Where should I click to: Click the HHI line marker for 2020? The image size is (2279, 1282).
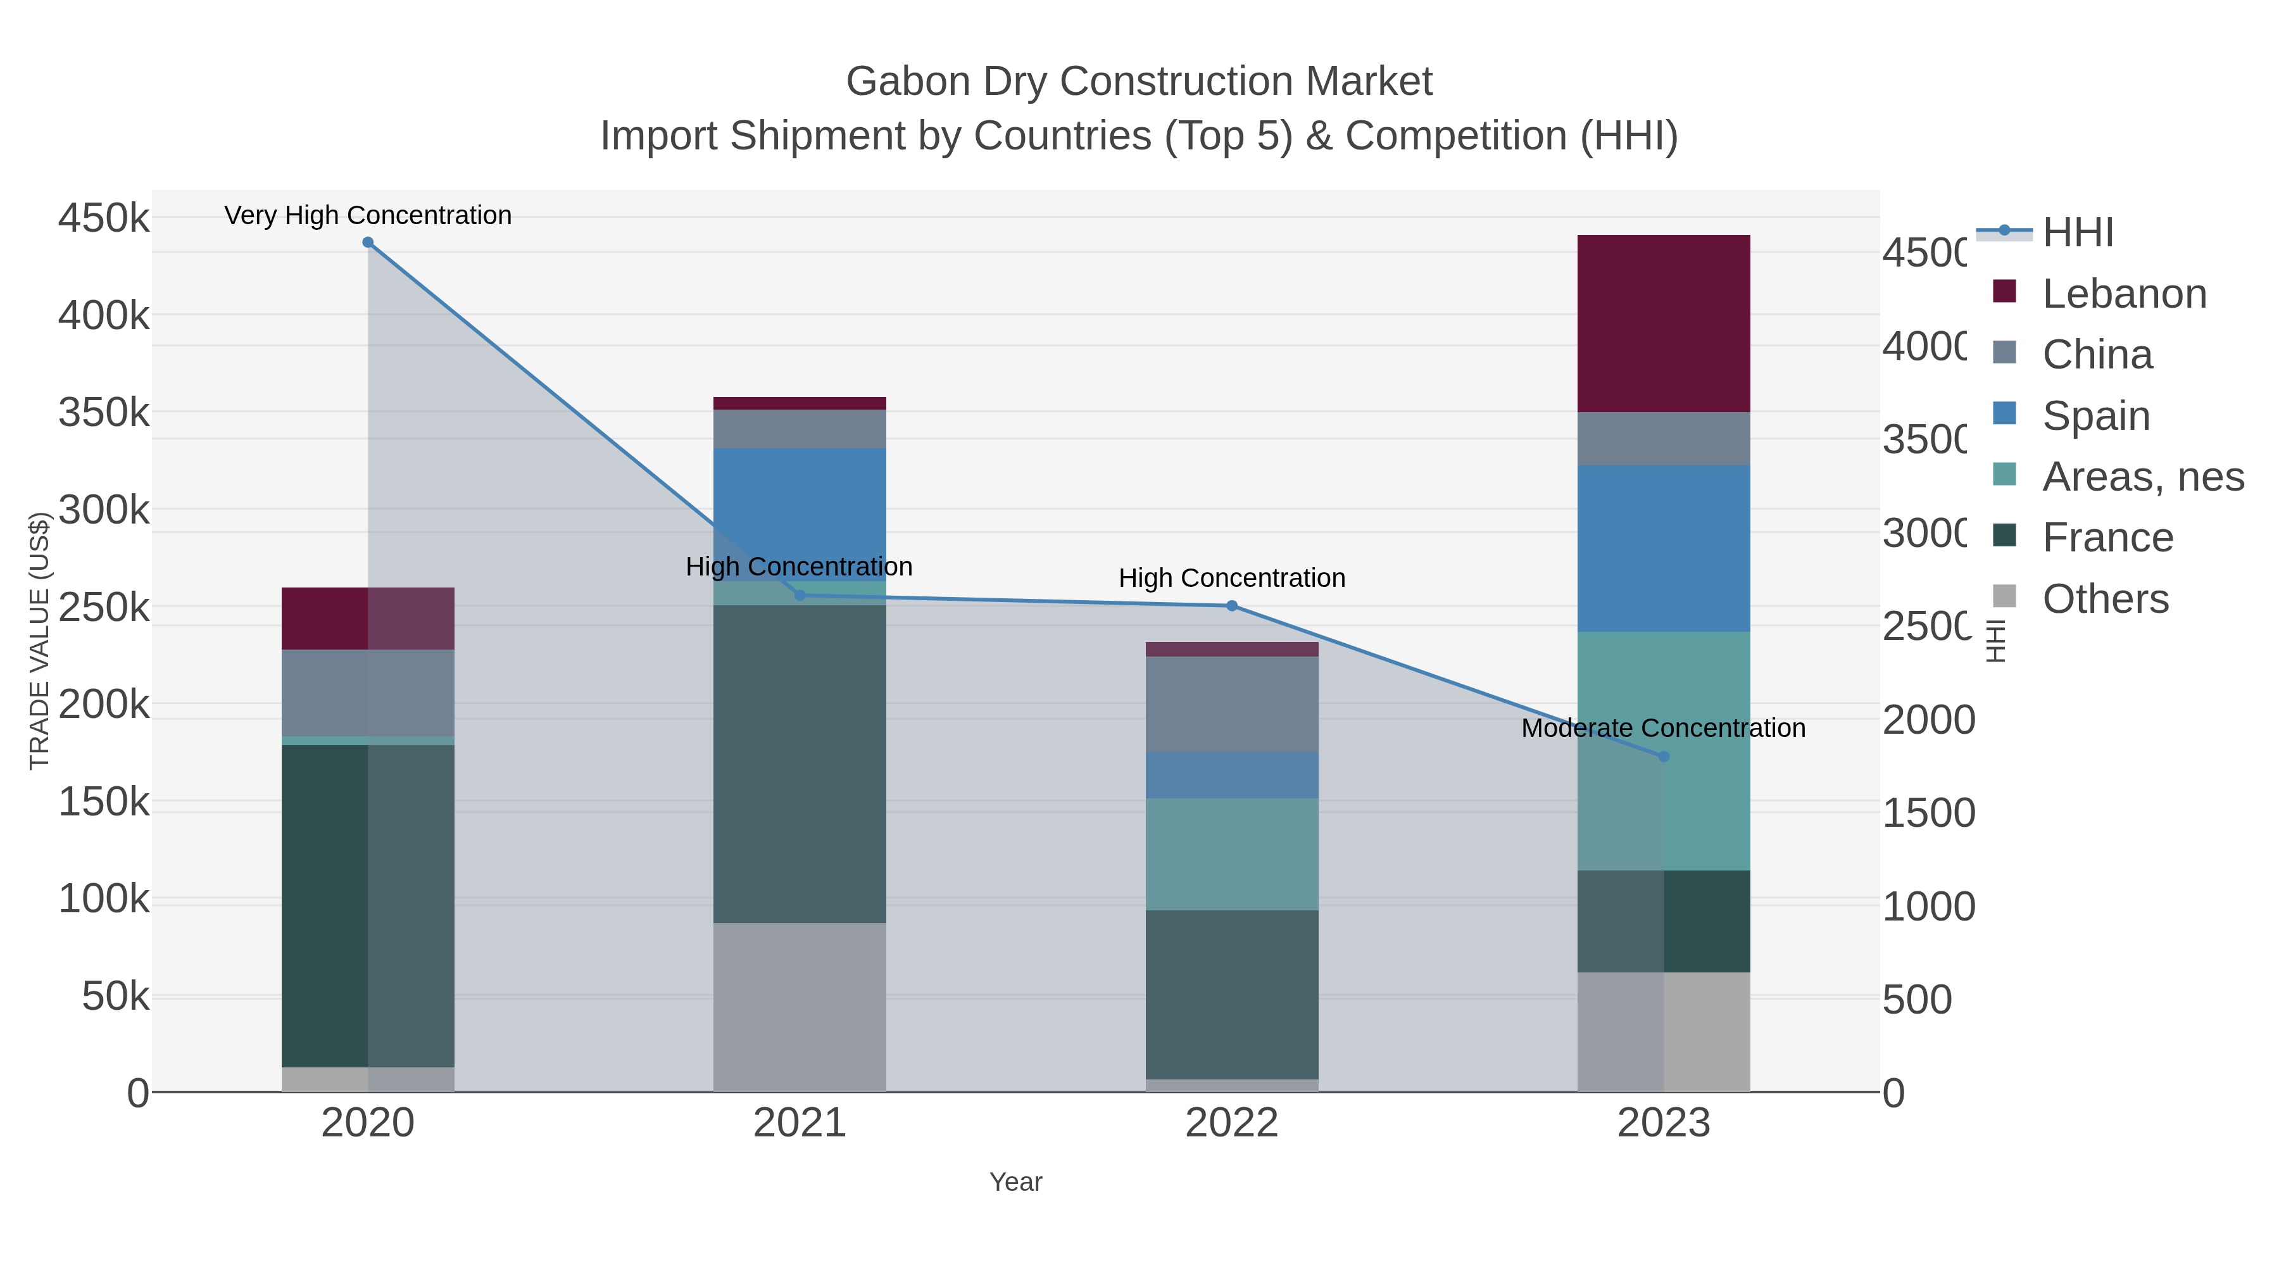pos(368,242)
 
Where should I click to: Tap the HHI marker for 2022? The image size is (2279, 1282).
pos(1231,606)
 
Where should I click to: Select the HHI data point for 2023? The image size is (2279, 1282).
pos(1663,757)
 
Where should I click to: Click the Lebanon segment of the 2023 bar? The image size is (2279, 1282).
pos(1663,323)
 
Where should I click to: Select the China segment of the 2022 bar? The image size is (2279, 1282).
pos(1231,704)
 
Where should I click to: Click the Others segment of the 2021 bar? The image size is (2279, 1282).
pos(799,1007)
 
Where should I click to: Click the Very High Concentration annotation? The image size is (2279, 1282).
pos(368,215)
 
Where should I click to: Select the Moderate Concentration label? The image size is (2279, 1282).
pos(1663,728)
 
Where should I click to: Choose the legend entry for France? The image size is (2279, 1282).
pos(2107,537)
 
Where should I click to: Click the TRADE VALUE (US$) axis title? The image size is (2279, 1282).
pos(39,641)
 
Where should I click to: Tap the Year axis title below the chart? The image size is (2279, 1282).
pos(1015,1182)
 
